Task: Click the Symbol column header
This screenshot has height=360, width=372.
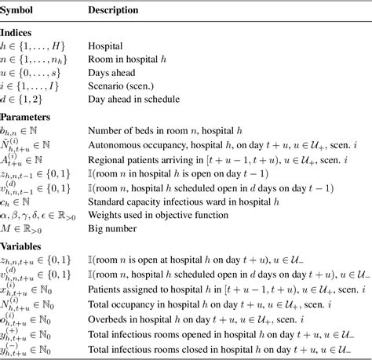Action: pos(23,11)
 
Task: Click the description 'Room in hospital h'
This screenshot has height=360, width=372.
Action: pos(129,60)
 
